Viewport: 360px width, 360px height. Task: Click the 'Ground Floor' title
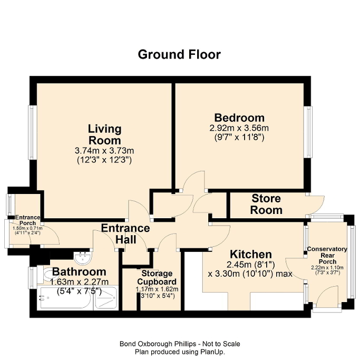coord(179,54)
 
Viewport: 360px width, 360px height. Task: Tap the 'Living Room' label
coord(104,135)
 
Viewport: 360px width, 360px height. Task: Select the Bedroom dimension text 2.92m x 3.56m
coord(239,128)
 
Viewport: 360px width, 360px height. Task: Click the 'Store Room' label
coord(266,205)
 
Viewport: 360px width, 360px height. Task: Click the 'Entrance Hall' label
coord(125,234)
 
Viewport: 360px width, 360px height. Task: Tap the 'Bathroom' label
coord(79,272)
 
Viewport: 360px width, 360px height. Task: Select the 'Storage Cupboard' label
coord(157,277)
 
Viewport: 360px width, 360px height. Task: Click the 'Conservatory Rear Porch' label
coord(327,256)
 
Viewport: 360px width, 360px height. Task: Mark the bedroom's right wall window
coord(307,131)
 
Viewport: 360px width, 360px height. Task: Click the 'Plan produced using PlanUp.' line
coord(180,351)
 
